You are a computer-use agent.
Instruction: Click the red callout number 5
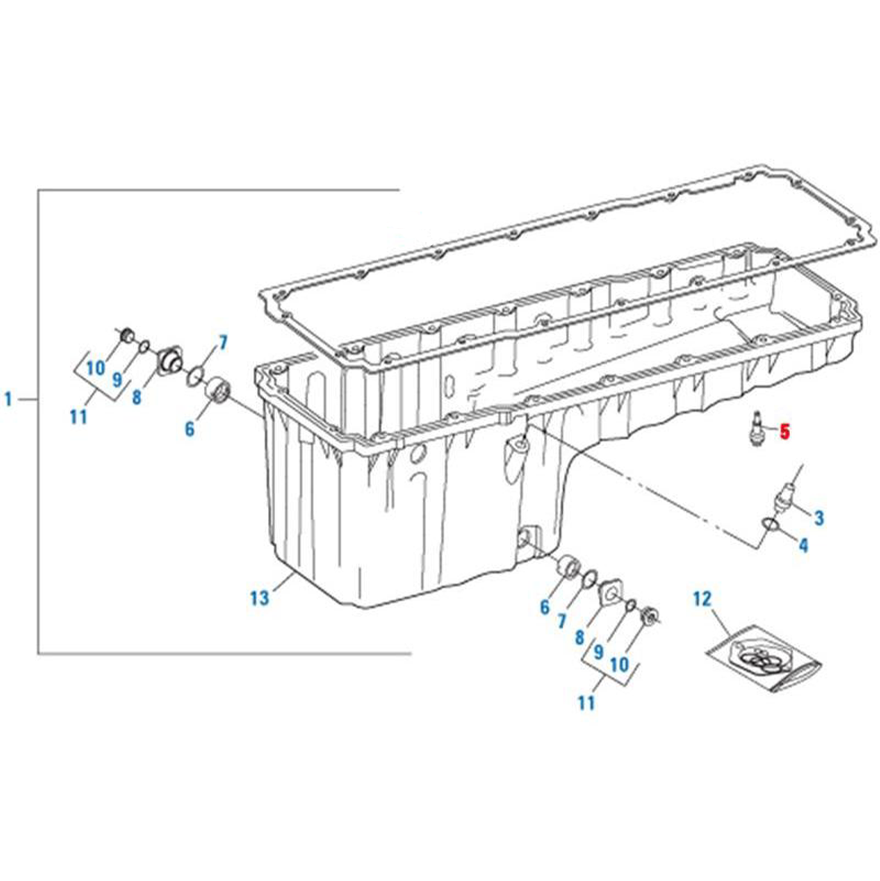784,431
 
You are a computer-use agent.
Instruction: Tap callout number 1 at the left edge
8,399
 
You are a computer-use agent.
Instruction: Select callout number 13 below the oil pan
260,597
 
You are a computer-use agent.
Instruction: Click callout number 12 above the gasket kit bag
702,599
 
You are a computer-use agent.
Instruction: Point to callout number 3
819,517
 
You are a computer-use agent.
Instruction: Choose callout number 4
804,545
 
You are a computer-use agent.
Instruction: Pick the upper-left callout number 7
223,343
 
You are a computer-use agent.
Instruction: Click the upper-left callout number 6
190,429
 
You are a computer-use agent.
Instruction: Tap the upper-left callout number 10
96,368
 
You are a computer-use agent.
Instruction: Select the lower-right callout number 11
585,702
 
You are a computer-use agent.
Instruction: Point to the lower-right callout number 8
579,637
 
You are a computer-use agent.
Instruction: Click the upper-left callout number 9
116,380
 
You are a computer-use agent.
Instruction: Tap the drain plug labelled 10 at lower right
650,615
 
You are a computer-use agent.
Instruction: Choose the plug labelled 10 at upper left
128,335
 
